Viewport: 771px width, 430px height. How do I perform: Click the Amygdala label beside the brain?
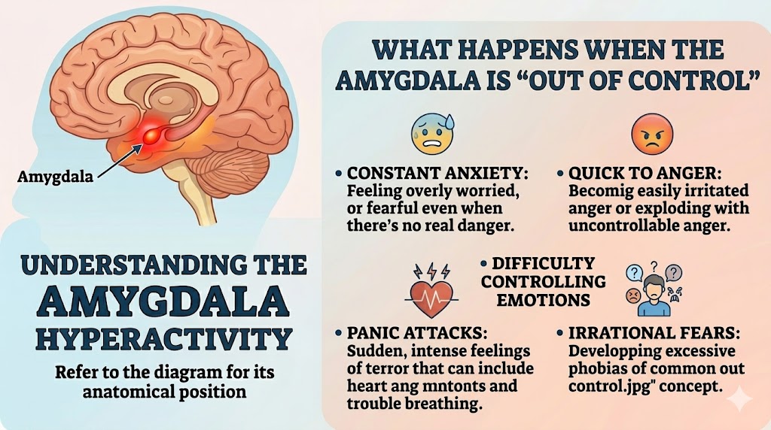55,176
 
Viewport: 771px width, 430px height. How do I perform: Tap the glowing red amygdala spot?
149,134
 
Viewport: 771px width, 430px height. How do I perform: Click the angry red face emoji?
652,134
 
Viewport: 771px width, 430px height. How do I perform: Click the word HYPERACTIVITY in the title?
164,338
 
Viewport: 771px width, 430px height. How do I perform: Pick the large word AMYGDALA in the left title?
163,301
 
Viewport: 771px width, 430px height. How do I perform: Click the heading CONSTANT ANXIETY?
437,173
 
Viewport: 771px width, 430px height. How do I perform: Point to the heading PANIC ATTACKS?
417,333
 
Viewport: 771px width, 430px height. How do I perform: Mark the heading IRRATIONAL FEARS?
654,333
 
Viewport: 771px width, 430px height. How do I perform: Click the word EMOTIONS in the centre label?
543,299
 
